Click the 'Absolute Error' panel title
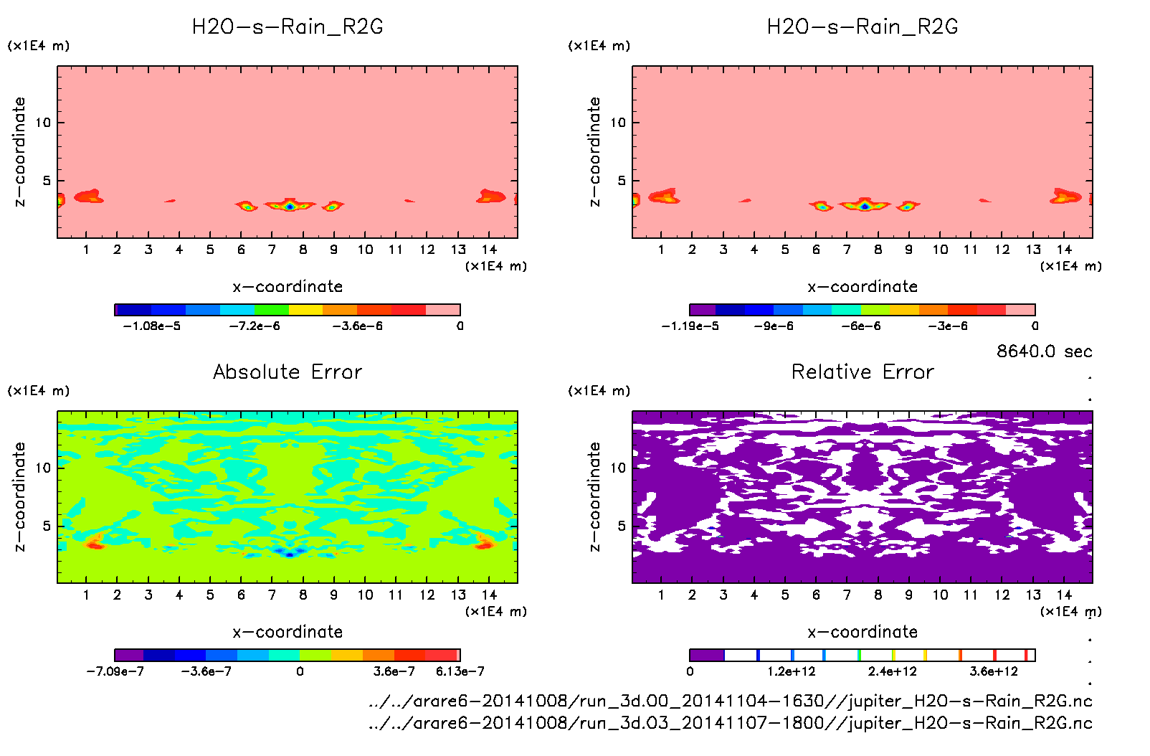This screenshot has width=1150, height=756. pyautogui.click(x=287, y=372)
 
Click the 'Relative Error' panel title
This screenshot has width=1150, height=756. pyautogui.click(x=862, y=372)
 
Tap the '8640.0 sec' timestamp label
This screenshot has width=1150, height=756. pyautogui.click(x=1044, y=351)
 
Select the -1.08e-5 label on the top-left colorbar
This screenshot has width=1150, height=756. pyautogui.click(x=151, y=326)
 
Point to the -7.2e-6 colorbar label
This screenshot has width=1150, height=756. pyautogui.click(x=255, y=326)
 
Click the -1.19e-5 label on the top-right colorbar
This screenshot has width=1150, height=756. pyautogui.click(x=690, y=326)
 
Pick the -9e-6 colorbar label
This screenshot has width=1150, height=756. pyautogui.click(x=774, y=326)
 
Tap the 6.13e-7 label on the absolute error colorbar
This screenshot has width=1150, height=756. pyautogui.click(x=460, y=671)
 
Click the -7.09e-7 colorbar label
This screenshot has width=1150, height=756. pyautogui.click(x=115, y=671)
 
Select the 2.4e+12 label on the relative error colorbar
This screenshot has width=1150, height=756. pyautogui.click(x=892, y=671)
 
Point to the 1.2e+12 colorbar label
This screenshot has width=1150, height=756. pyautogui.click(x=791, y=671)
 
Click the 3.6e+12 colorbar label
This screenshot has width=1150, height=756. pyautogui.click(x=994, y=671)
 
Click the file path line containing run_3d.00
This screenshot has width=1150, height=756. pyautogui.click(x=730, y=701)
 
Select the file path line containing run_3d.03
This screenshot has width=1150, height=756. pyautogui.click(x=730, y=723)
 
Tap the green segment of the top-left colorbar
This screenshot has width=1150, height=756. pyautogui.click(x=272, y=310)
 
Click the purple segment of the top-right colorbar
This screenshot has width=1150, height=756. pyautogui.click(x=703, y=310)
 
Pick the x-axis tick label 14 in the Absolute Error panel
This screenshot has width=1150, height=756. pyautogui.click(x=489, y=595)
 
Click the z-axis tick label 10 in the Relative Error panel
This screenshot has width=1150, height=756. pyautogui.click(x=618, y=468)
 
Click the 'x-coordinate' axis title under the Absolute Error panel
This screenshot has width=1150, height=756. pyautogui.click(x=287, y=632)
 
